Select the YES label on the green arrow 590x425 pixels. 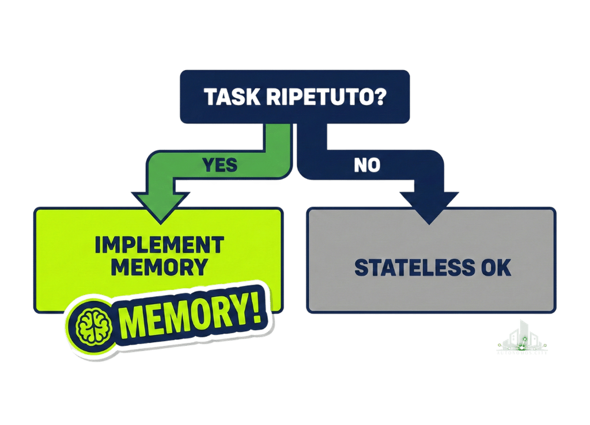(x=220, y=165)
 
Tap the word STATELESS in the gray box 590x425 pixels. (x=411, y=268)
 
